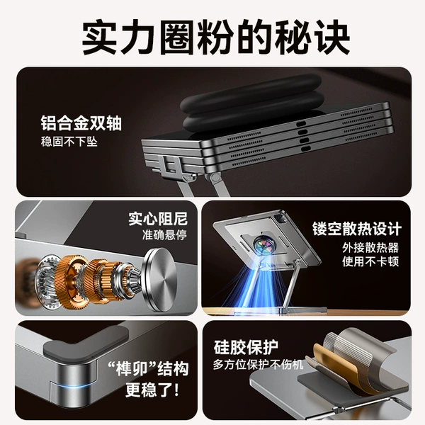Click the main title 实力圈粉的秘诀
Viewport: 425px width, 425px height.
[215, 37]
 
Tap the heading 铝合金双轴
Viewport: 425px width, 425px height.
[81, 123]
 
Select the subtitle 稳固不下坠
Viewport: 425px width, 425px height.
[69, 142]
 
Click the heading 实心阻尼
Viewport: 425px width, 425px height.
[158, 219]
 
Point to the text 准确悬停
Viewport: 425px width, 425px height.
[164, 234]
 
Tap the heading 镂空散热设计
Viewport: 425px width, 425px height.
[356, 229]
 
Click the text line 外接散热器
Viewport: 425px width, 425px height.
[370, 248]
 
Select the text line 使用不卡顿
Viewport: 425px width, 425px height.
[370, 262]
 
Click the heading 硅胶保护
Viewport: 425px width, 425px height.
[246, 347]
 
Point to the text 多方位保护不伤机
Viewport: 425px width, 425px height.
[258, 365]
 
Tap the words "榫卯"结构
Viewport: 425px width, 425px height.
[148, 368]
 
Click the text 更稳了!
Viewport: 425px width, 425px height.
[152, 390]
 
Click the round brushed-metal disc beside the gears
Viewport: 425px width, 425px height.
[160, 280]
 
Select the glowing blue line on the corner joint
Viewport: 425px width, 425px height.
[73, 385]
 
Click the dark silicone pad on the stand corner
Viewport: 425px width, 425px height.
[86, 341]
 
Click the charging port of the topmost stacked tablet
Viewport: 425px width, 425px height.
[301, 124]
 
